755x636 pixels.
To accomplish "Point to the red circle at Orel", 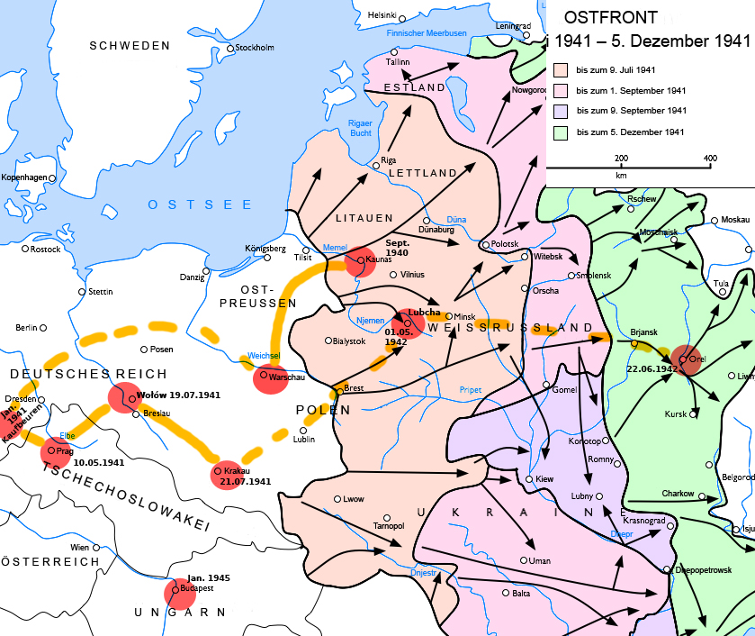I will [x=685, y=359].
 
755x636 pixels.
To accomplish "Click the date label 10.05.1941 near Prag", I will [x=100, y=462].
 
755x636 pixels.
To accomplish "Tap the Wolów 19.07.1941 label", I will [x=177, y=395].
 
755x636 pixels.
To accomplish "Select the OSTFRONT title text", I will [x=610, y=17].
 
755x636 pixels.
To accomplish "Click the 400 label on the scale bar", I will [x=710, y=158].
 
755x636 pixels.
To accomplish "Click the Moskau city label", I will [x=735, y=221].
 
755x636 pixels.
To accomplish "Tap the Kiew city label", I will [x=544, y=479].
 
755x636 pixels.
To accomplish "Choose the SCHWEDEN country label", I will [x=130, y=45].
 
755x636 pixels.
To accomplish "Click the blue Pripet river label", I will [x=470, y=390].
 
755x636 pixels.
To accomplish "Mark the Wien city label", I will [x=80, y=547].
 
